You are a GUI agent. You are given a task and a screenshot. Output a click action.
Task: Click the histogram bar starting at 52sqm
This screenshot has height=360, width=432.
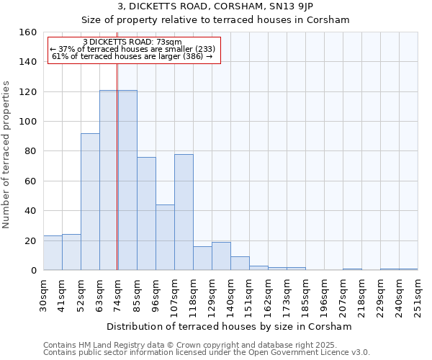[x=90, y=202]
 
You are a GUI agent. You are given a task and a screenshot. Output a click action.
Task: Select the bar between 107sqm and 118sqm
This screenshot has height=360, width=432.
[x=184, y=212]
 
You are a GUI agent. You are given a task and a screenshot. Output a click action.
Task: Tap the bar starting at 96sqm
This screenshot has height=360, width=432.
[x=165, y=238]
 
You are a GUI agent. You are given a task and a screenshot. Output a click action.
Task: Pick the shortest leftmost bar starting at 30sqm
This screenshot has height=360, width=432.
[x=53, y=253]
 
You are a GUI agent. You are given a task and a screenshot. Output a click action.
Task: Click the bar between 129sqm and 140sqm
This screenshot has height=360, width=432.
[x=221, y=256]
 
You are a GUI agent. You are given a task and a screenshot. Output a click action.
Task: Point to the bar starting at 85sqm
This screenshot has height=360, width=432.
[x=146, y=214]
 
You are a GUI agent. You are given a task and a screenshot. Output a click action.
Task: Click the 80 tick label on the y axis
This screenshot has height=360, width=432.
[x=30, y=151]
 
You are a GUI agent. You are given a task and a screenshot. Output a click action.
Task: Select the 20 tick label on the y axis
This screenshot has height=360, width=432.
[x=30, y=240]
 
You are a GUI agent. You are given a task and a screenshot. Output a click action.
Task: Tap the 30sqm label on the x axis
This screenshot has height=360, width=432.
[x=43, y=294]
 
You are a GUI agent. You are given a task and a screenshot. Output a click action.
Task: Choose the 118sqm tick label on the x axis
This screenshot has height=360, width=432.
[x=193, y=294]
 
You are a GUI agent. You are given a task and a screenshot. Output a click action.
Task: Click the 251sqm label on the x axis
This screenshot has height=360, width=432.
[x=418, y=294]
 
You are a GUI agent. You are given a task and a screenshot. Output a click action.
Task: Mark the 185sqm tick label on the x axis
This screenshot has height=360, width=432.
[x=305, y=294]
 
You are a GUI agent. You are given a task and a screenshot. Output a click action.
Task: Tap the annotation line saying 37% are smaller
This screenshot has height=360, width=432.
[x=133, y=49]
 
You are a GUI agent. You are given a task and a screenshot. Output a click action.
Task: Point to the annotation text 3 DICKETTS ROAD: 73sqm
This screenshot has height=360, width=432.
[x=132, y=42]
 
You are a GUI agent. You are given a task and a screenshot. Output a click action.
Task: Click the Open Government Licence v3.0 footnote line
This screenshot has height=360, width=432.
[x=207, y=353]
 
